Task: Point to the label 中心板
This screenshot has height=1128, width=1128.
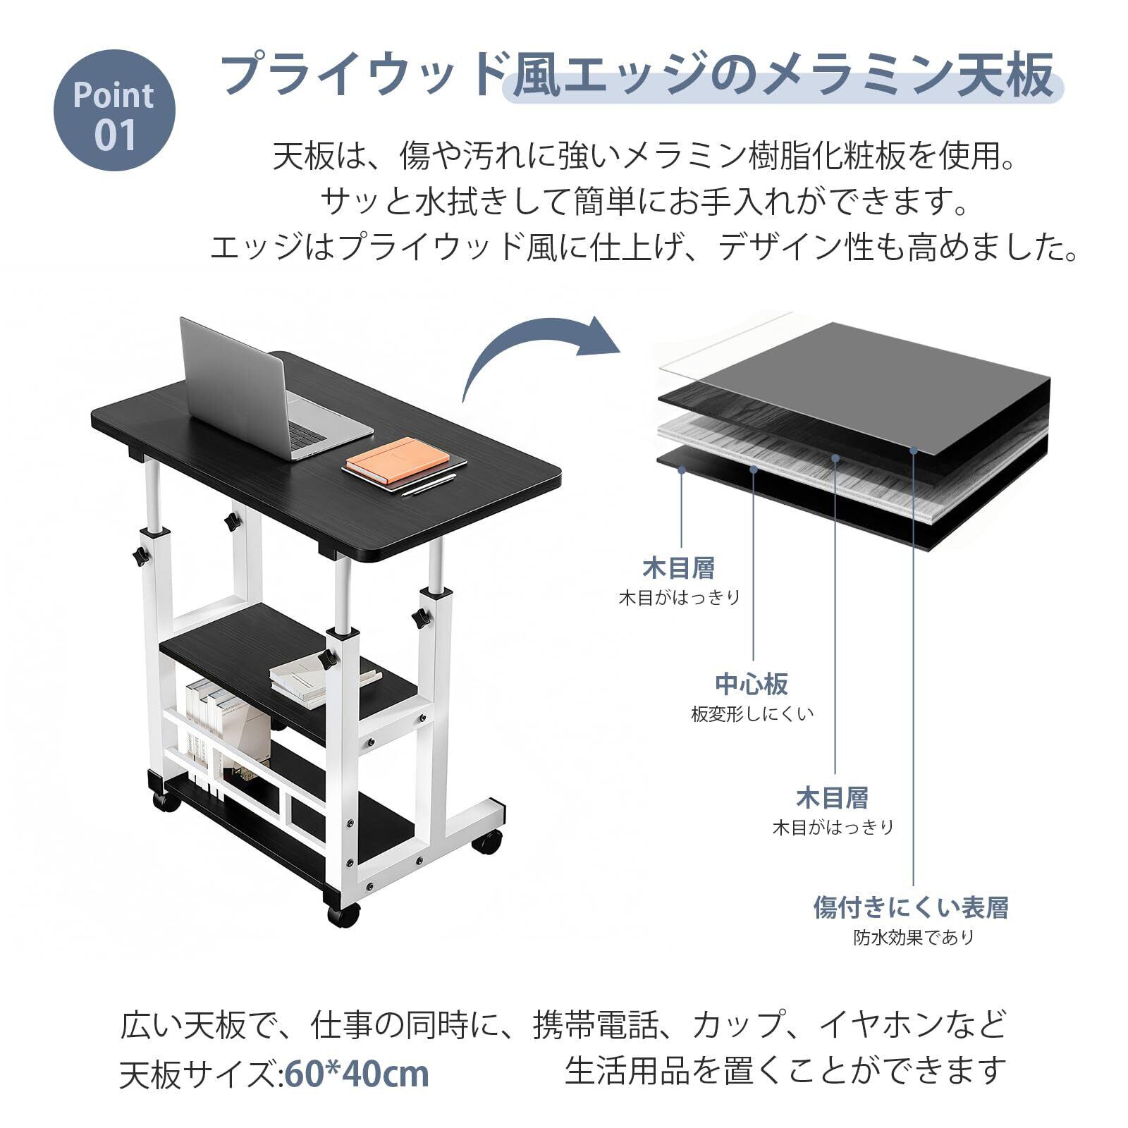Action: [x=752, y=683]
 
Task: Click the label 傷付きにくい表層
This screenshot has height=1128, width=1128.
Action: [x=911, y=907]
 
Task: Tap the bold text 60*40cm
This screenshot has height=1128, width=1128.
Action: [x=357, y=1074]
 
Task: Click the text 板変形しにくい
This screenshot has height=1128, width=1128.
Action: [x=752, y=713]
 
